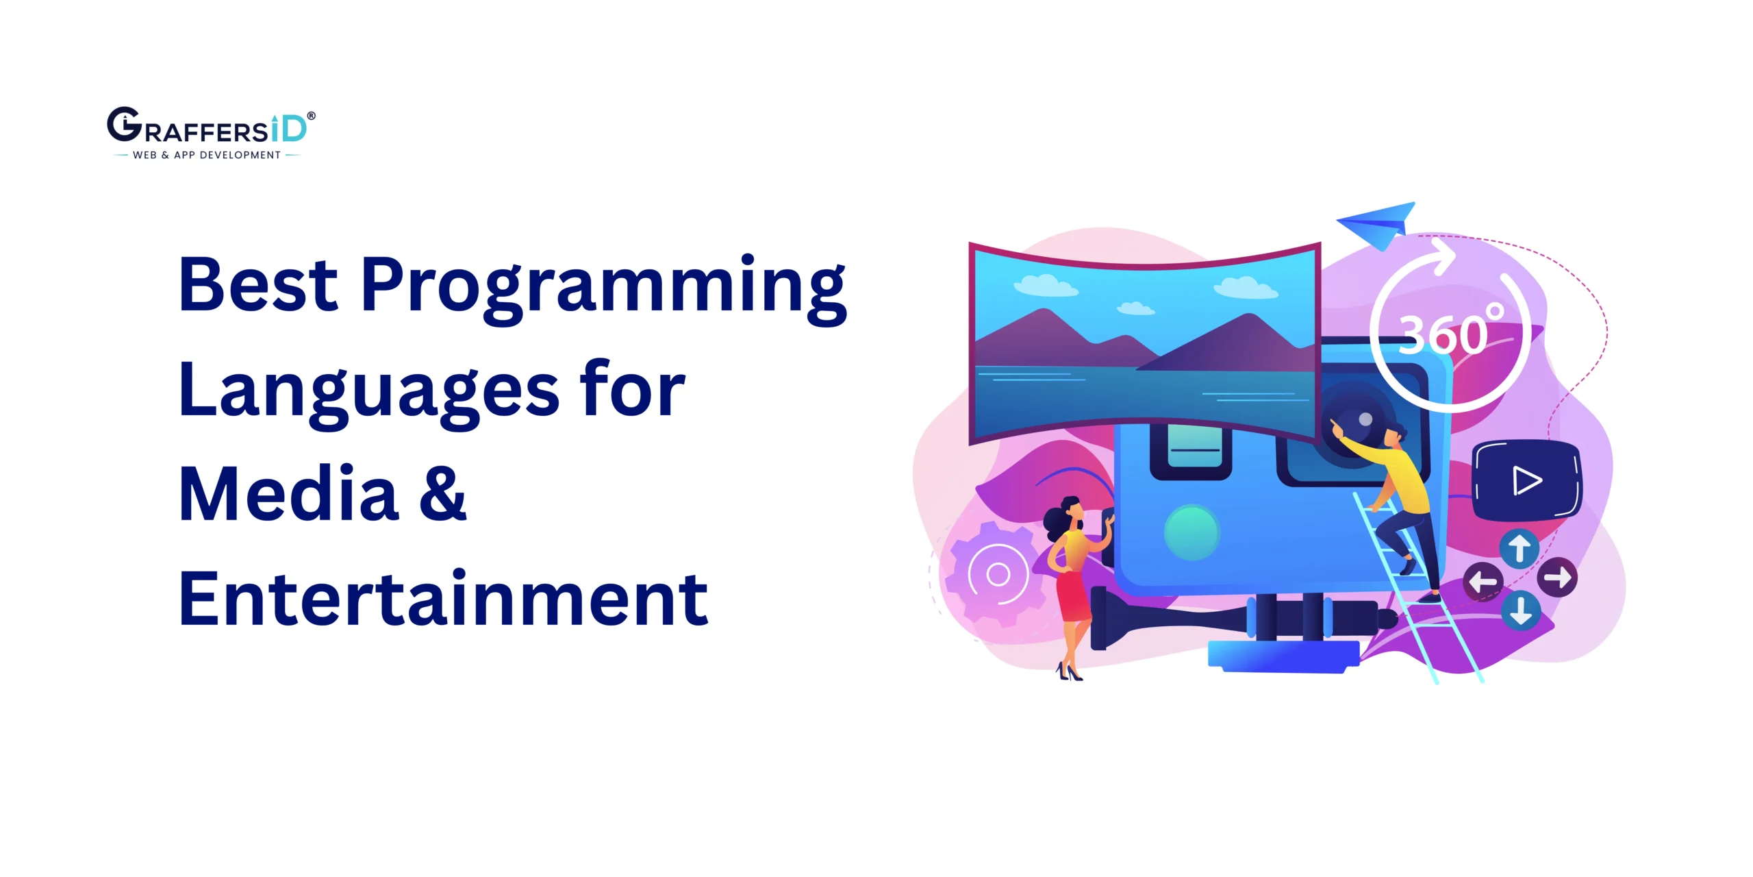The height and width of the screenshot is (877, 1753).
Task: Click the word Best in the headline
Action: [x=258, y=284]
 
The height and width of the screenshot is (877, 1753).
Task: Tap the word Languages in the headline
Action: [x=368, y=391]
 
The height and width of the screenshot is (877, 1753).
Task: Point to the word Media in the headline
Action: [x=288, y=494]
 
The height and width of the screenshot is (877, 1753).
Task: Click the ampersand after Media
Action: [x=442, y=494]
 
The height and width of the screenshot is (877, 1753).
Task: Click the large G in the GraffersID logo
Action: [x=124, y=125]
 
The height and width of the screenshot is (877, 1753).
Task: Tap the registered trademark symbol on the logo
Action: [x=312, y=116]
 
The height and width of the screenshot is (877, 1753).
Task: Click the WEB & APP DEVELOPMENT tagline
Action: [x=207, y=156]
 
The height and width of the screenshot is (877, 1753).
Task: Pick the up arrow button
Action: [x=1519, y=548]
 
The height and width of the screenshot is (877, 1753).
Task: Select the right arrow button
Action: [x=1558, y=578]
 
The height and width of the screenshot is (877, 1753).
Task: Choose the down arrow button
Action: [x=1521, y=610]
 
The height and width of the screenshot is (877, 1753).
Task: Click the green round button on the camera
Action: [x=1191, y=532]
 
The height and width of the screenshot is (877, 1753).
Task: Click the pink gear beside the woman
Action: [x=997, y=574]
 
